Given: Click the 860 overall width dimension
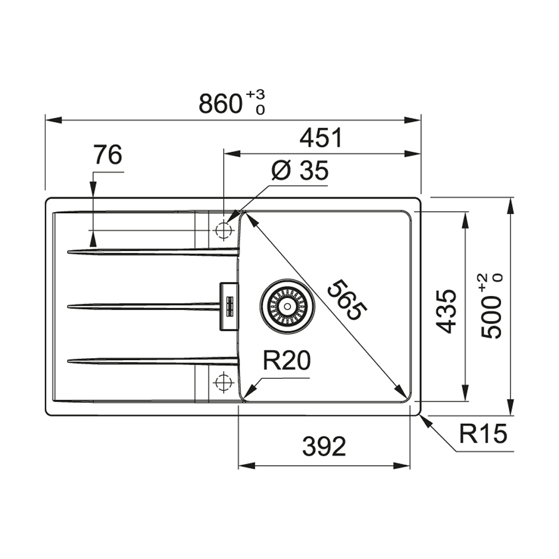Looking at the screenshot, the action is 221,104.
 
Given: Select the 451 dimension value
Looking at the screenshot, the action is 321,138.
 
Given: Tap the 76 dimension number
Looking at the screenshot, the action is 108,154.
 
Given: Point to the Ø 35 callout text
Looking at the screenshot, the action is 300,170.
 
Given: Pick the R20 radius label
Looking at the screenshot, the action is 287,360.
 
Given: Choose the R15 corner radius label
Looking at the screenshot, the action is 483,433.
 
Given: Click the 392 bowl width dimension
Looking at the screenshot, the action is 324,447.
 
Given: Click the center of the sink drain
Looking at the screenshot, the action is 287,306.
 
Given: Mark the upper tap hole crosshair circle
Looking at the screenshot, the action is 223,230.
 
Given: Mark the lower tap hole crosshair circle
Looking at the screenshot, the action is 223,382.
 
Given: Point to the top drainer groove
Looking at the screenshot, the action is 153,252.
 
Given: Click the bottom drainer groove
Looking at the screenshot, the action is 153,361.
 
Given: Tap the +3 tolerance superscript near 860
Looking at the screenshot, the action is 255,95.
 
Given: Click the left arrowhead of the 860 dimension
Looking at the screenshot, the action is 54,120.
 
